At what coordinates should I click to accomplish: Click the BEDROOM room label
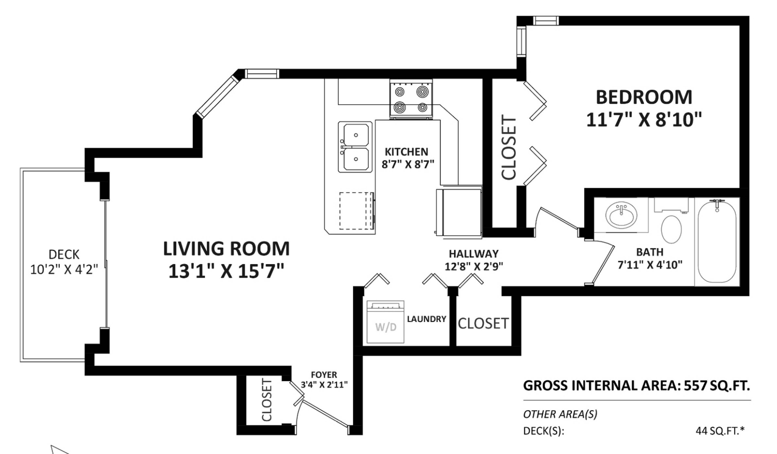coord(644,97)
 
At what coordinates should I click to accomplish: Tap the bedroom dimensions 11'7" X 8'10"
coord(644,120)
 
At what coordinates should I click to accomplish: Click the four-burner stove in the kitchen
coord(411,99)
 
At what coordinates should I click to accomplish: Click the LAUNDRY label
coord(426,319)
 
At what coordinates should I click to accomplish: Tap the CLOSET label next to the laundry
coord(483,324)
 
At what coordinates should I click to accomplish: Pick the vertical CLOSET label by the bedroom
coord(508,147)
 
